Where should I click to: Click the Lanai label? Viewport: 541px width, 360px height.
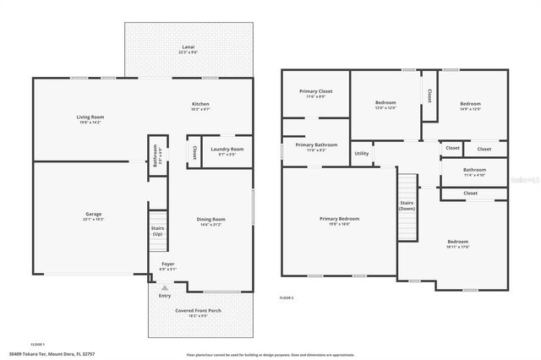click(x=189, y=48)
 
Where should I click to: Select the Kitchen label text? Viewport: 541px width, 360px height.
click(x=200, y=104)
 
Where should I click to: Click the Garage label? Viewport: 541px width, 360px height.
click(x=93, y=215)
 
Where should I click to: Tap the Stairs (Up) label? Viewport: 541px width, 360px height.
click(x=157, y=231)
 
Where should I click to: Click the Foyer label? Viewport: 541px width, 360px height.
click(x=168, y=265)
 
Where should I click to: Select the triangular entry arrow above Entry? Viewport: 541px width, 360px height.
click(x=165, y=287)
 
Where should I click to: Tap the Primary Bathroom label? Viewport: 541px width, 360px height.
click(x=316, y=145)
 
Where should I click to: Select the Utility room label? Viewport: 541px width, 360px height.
click(x=361, y=154)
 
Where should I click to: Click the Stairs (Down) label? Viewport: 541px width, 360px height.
click(x=407, y=205)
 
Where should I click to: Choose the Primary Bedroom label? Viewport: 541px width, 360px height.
click(x=339, y=219)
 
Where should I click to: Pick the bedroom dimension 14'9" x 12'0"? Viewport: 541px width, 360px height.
click(x=469, y=108)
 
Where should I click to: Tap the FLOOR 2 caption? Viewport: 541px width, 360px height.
click(x=287, y=298)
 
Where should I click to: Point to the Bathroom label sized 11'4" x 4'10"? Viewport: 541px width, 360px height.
click(x=474, y=172)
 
